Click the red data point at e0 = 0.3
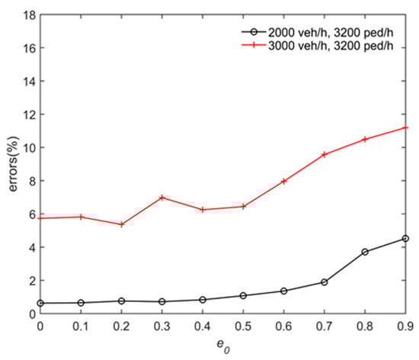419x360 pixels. pos(162,198)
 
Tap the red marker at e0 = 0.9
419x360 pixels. pos(405,127)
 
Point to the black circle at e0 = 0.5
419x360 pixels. pos(243,295)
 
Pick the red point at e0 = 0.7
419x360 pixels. pos(325,154)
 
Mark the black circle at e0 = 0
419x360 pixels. pos(40,304)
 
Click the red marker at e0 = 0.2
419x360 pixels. pos(122,224)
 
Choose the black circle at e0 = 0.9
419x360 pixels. pos(405,239)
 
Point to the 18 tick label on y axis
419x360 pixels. pos(26,14)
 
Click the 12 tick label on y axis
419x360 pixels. pos(26,114)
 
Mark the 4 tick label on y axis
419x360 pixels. pos(29,248)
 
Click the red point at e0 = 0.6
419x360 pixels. pos(283,182)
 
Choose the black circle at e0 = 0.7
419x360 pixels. pos(325,282)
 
